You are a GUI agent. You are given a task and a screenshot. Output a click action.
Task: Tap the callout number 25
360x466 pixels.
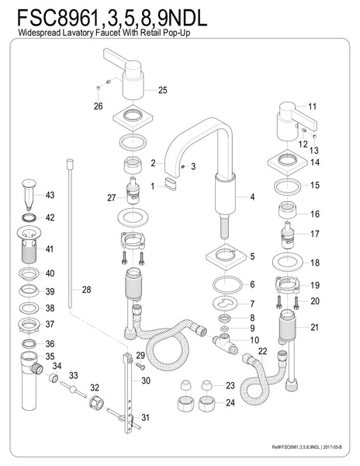[162, 90]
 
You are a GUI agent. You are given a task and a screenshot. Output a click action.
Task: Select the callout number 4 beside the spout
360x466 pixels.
[252, 196]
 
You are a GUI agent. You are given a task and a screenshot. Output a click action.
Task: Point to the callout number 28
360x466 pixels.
[86, 289]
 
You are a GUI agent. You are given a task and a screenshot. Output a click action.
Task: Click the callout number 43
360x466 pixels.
[49, 194]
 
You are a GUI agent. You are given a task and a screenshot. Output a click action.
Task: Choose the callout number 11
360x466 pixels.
[313, 106]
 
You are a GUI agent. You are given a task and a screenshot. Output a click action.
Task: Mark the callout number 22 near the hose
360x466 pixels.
[262, 351]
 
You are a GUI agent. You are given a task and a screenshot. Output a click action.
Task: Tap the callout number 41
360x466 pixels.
[49, 249]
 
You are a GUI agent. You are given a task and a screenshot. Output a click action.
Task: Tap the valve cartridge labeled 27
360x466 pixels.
[130, 197]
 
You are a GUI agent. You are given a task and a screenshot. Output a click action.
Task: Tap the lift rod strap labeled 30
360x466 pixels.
[126, 381]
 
